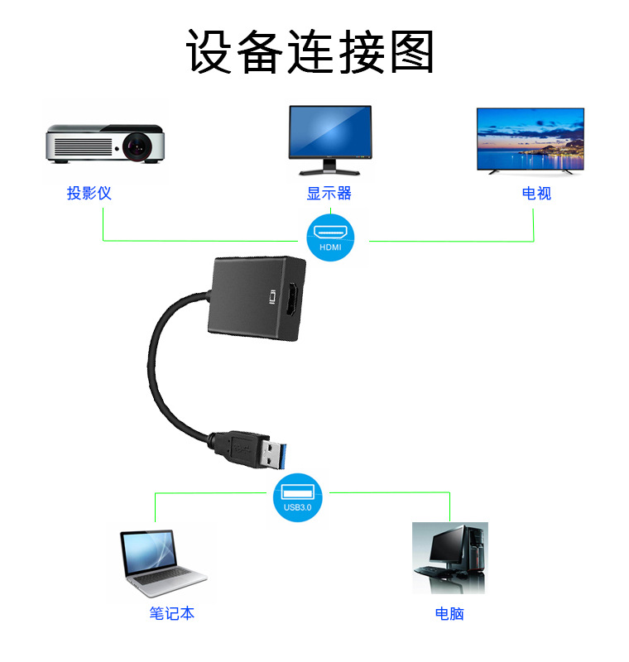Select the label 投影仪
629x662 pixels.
89,194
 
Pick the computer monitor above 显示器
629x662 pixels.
329,137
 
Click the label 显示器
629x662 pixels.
329,194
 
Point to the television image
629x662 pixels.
530,139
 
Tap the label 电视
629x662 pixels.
536,194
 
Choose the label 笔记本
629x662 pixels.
172,614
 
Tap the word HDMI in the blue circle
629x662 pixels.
329,247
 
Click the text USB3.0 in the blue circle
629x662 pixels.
297,507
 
